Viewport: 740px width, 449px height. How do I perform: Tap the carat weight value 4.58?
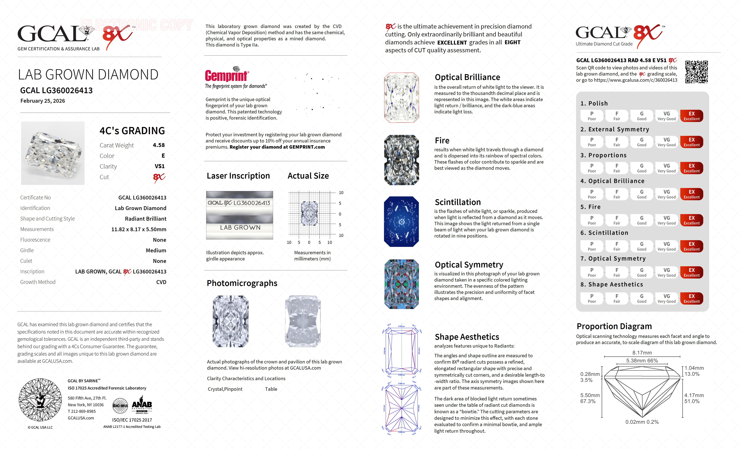(159, 145)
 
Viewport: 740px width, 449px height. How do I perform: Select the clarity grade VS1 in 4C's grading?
(159, 166)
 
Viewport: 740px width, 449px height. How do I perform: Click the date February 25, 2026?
(43, 101)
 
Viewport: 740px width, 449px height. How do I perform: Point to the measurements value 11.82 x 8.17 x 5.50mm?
(139, 229)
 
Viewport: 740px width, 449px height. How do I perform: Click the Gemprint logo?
(227, 75)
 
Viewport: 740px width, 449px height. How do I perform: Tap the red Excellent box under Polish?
(691, 116)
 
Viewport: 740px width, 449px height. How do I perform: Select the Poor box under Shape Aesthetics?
(592, 298)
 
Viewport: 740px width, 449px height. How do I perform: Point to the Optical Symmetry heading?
(469, 265)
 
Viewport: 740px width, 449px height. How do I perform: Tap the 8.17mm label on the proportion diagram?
(642, 353)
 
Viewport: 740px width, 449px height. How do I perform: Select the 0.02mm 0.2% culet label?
(642, 422)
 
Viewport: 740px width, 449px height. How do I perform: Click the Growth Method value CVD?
(161, 282)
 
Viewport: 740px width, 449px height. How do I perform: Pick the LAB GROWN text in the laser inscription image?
(240, 227)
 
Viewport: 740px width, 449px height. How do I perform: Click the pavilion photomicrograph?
(303, 321)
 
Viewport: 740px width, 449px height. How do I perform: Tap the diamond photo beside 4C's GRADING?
(53, 153)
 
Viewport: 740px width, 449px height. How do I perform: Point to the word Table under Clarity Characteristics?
(271, 389)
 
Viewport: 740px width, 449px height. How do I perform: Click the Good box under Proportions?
(642, 168)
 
